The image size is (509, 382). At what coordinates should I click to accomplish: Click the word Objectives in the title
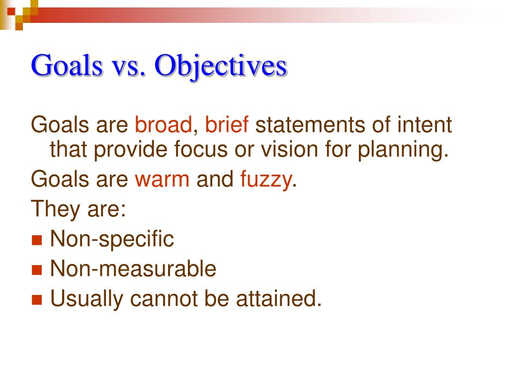(221, 66)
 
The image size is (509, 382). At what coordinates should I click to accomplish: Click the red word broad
(163, 125)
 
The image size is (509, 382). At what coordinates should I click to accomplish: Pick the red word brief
(227, 125)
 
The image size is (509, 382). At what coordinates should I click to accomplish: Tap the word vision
(288, 150)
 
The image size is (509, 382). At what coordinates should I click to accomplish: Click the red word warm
(162, 180)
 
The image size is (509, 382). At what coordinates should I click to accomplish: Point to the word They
(53, 209)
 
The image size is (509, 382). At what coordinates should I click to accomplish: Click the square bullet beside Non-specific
(37, 240)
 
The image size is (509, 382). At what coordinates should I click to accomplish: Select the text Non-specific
(112, 239)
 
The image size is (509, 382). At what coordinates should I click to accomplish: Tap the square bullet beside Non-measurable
(37, 270)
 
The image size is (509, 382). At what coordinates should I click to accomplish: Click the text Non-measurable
(133, 269)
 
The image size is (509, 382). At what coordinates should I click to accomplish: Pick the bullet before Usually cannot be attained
(37, 300)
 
